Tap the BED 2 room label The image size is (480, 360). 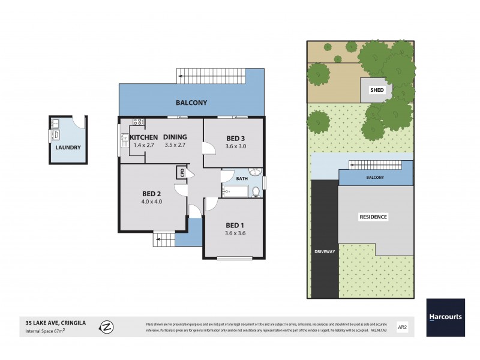[152, 193]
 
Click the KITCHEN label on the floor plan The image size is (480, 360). [144, 137]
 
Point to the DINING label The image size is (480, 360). [175, 137]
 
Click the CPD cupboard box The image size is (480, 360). [181, 173]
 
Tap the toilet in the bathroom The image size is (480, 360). [256, 191]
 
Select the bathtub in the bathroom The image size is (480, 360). [235, 192]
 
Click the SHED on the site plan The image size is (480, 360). [376, 90]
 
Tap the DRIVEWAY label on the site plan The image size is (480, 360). [324, 251]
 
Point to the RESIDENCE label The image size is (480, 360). [373, 217]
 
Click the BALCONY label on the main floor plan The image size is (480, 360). [191, 103]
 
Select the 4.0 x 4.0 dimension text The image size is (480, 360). [152, 202]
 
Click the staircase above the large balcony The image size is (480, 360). [212, 76]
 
